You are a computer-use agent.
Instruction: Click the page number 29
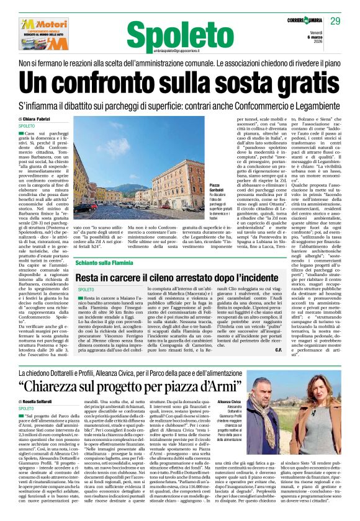[x=335, y=21]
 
